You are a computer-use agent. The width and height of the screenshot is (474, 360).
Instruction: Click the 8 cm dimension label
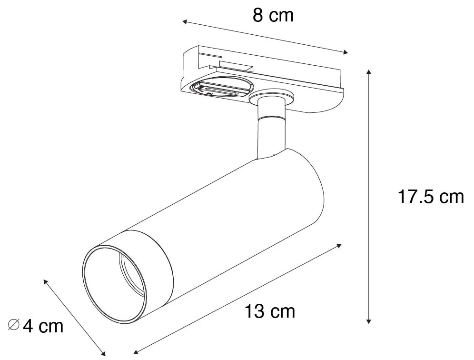tap(273, 16)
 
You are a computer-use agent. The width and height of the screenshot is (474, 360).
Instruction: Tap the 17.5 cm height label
tap(430, 196)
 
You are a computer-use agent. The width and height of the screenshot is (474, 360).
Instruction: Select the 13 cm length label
tap(270, 311)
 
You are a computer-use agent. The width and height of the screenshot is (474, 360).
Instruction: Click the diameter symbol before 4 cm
tap(14, 326)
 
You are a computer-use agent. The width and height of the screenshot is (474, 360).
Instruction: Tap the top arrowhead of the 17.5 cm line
tap(369, 72)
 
